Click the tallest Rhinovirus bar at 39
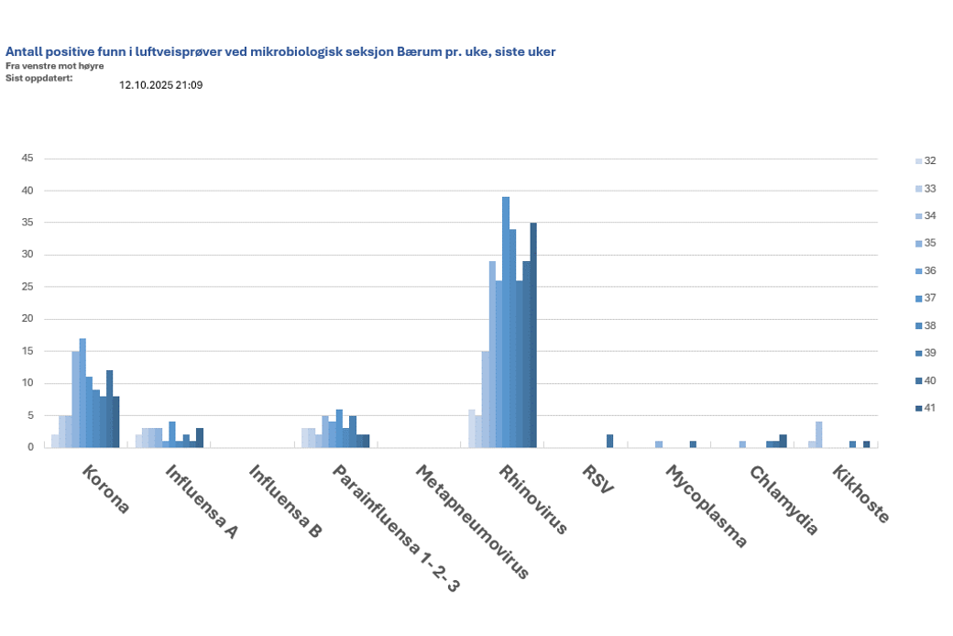pos(505,322)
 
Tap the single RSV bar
pos(609,441)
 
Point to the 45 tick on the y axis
pos(27,159)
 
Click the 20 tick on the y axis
pos(27,319)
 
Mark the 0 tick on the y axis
pos(30,447)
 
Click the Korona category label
pos(105,489)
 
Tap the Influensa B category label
pos(285,500)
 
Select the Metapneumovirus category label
pos(472,521)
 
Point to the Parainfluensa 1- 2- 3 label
pos(395,528)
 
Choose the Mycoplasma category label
pos(706,506)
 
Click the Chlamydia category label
pos(783,499)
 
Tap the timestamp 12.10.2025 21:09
pos(160,85)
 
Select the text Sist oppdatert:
pos(38,77)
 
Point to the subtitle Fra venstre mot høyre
pos(54,66)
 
